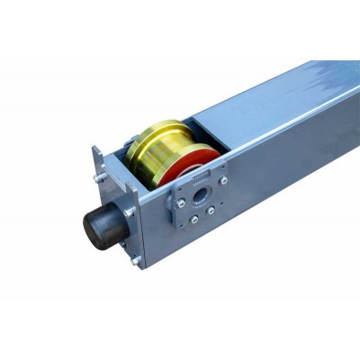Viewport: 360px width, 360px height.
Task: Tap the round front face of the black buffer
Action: point(94,224)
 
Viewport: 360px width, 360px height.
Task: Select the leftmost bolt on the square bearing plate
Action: point(180,203)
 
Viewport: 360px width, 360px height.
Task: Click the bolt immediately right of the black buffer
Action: point(131,211)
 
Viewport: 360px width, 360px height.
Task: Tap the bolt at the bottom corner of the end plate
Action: point(135,261)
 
